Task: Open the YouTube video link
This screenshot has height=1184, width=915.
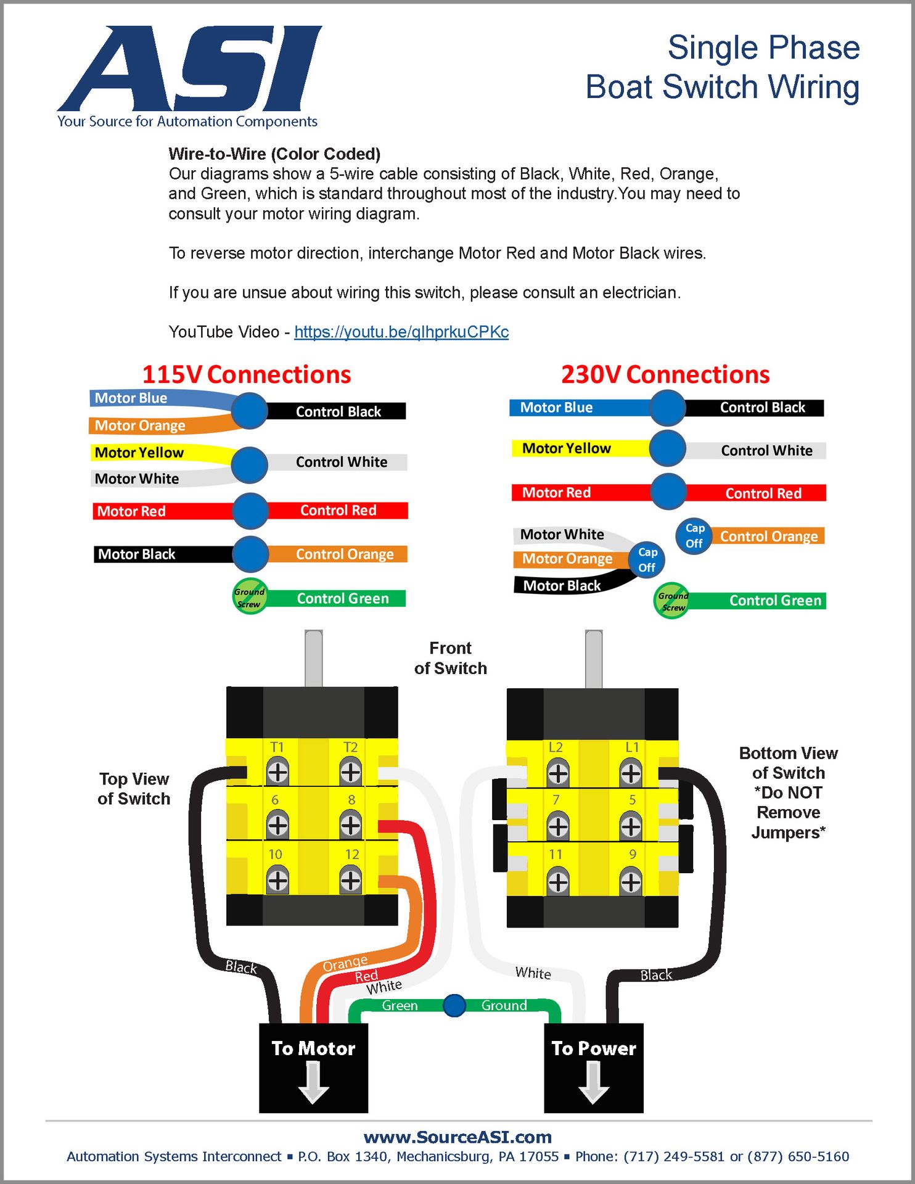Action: coord(401,332)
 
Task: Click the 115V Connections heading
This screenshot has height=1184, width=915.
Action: coord(247,374)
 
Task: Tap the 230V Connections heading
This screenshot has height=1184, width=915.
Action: coord(665,374)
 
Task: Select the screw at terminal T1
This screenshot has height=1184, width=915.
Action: coord(277,771)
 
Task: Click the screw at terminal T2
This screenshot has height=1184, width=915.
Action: coord(351,771)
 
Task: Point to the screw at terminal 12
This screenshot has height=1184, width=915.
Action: coord(351,880)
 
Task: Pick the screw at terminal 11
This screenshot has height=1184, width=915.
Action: coord(557,881)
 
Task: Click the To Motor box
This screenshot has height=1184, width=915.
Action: coord(313,1067)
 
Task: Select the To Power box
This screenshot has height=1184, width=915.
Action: coord(593,1067)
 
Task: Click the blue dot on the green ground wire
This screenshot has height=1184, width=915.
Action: coord(454,1005)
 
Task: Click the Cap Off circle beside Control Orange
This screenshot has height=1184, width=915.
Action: coord(694,536)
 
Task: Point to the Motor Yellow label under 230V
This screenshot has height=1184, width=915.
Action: coord(566,448)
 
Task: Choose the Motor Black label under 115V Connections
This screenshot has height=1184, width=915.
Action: coord(137,554)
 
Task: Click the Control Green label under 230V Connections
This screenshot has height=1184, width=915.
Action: coord(775,601)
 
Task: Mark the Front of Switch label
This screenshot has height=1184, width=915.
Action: coord(450,658)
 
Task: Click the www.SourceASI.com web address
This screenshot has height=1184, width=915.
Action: coord(457,1137)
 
